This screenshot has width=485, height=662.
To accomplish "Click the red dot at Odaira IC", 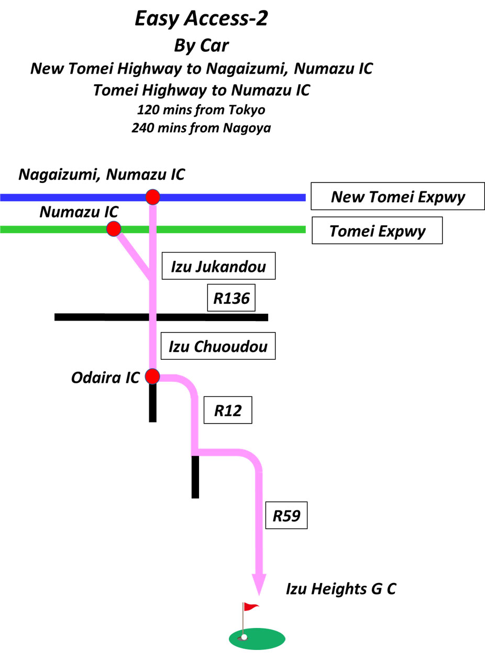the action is click(x=152, y=376).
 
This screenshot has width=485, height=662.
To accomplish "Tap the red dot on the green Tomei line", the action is click(x=114, y=229).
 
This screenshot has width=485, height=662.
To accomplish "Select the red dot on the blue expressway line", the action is click(x=153, y=197).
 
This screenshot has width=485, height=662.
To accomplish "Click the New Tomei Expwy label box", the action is click(x=398, y=196).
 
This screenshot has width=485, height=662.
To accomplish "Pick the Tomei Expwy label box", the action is click(x=377, y=231).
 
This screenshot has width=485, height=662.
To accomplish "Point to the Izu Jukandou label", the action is click(x=218, y=266).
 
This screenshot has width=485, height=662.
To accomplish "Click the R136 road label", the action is click(x=232, y=298).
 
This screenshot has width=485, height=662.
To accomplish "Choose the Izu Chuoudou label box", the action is click(x=218, y=346).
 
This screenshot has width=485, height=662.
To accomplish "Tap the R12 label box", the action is click(x=228, y=410).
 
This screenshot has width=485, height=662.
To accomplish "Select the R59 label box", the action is click(x=286, y=516).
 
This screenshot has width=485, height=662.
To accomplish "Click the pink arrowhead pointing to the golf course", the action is click(x=259, y=584).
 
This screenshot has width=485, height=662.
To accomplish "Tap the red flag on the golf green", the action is click(x=251, y=607).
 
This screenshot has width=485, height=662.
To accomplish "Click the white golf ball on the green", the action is click(x=244, y=637).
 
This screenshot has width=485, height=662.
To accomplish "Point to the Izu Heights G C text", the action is click(x=341, y=588).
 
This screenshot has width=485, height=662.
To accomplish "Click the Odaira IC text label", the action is click(x=105, y=378).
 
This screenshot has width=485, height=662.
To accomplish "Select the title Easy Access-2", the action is click(x=201, y=18).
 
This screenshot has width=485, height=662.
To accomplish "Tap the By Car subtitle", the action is click(x=201, y=46).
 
